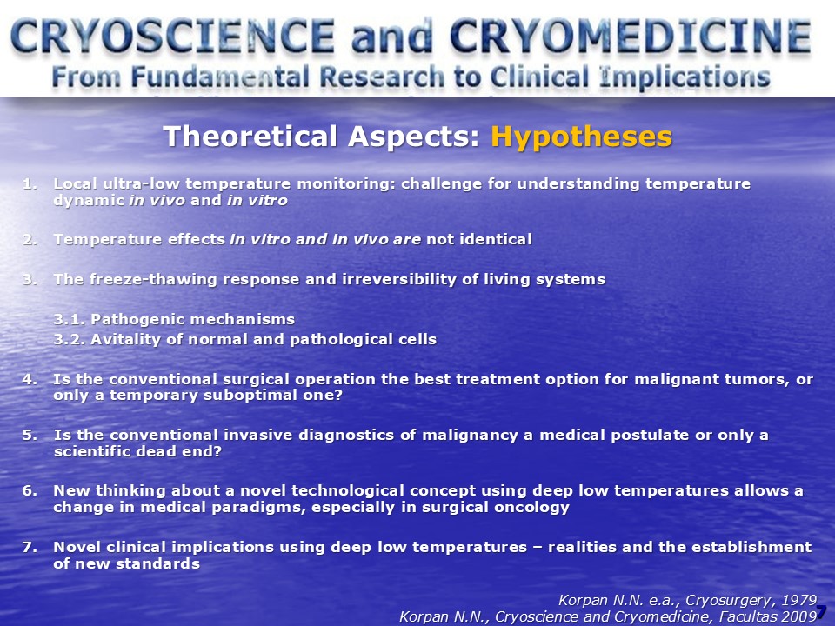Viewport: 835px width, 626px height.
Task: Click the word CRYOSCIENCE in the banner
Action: point(172,37)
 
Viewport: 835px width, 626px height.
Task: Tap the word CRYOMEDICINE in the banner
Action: point(631,37)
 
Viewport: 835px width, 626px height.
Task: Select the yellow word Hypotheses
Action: point(582,137)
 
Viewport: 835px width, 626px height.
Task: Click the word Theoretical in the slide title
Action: point(250,137)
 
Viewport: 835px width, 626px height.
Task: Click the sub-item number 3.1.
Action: point(70,319)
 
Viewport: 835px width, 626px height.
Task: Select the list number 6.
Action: point(30,490)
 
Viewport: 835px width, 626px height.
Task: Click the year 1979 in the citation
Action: point(798,601)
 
